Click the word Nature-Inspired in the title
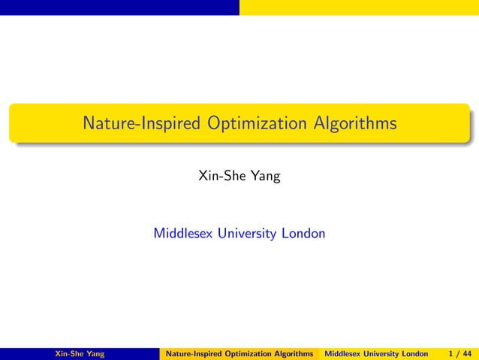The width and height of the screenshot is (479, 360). pos(141,123)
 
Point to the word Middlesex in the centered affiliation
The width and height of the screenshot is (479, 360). pos(183,234)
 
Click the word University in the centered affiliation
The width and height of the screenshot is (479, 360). pos(248,234)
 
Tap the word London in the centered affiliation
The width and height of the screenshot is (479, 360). pos(303,234)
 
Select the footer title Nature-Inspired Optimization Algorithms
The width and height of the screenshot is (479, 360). pos(239,353)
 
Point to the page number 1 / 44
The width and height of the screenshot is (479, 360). pos(459,353)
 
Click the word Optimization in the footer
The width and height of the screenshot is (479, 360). pos(249,353)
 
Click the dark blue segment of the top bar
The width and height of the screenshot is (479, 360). pos(119,7)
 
